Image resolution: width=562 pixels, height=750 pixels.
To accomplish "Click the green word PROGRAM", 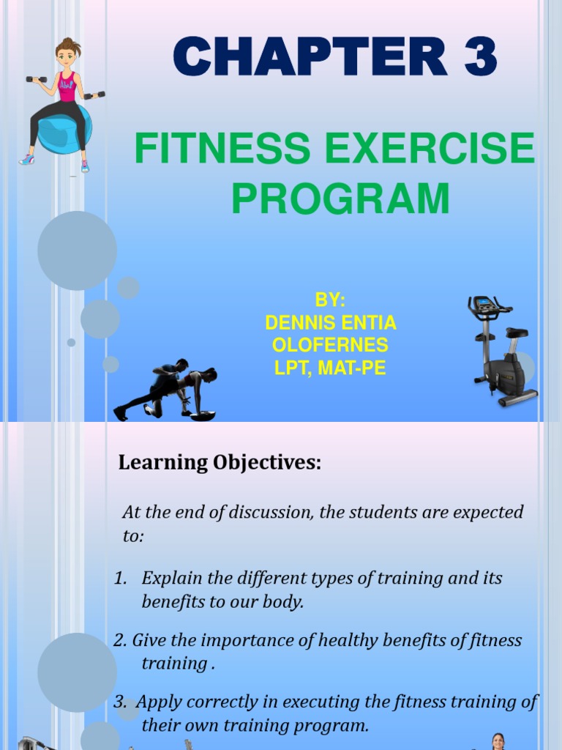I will tap(340, 198).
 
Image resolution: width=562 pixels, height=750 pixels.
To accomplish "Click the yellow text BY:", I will tap(330, 301).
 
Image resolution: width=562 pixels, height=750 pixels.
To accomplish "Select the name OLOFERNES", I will tap(330, 345).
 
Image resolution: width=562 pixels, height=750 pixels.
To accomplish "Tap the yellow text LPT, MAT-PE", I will tap(330, 368).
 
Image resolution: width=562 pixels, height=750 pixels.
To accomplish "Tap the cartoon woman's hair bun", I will tap(68, 42).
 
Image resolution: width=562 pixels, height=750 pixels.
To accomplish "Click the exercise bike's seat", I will tap(516, 332).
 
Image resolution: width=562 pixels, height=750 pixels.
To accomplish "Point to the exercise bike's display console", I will tap(482, 302).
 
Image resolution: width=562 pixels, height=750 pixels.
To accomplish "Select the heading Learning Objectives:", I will tap(220, 463).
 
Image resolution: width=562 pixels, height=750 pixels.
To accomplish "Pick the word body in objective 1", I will tap(283, 602).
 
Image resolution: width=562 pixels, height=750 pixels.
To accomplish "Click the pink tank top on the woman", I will tap(68, 86).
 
